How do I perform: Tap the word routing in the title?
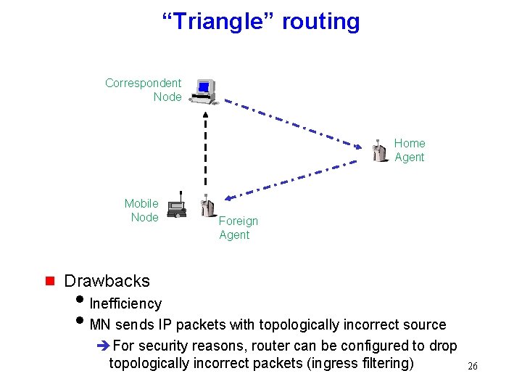click(x=320, y=22)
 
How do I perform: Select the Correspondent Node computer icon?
click(x=204, y=91)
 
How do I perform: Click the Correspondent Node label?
click(x=144, y=90)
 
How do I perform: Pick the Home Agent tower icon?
click(x=379, y=150)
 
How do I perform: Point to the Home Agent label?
click(x=410, y=150)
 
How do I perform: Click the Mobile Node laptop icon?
click(x=177, y=208)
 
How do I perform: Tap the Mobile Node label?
click(x=142, y=211)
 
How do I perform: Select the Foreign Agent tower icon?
click(x=207, y=207)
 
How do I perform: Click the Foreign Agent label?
click(x=238, y=228)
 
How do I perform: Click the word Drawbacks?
click(x=107, y=281)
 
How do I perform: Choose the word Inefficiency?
click(x=125, y=303)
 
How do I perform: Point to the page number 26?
click(x=472, y=367)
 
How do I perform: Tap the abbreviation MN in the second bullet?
click(x=100, y=324)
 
